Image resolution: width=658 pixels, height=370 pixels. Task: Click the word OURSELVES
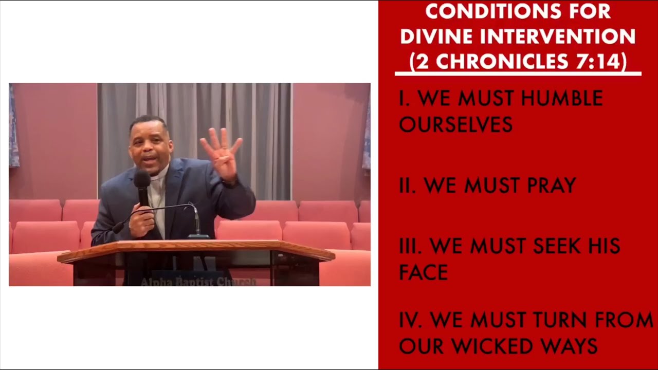tap(456, 124)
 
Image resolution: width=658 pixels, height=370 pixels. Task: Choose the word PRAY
tap(552, 186)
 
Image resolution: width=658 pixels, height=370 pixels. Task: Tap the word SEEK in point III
tap(557, 246)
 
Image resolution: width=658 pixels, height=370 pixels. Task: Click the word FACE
tap(423, 272)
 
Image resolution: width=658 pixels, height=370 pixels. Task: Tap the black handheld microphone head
tap(142, 179)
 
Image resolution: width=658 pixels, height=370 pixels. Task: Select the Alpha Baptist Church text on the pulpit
tap(198, 282)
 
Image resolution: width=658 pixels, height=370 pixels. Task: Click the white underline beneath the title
tap(518, 73)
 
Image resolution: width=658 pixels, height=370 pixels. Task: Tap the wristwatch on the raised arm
tap(231, 183)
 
